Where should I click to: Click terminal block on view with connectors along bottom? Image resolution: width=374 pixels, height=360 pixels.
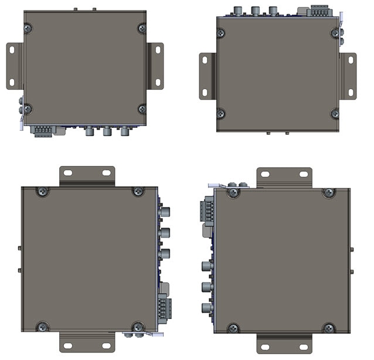tap(43, 130)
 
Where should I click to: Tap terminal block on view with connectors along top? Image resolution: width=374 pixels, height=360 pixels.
tap(319, 11)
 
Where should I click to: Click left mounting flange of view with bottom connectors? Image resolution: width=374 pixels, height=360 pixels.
tap(15, 66)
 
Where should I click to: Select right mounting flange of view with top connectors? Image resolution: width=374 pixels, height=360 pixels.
tap(348, 76)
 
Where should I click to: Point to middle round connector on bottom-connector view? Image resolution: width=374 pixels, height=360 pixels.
tap(107, 131)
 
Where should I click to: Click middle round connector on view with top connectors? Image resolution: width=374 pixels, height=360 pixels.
tap(256, 10)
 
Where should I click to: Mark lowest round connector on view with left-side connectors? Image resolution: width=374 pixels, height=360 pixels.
tap(206, 308)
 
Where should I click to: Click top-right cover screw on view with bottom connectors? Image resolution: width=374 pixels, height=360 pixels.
tap(142, 28)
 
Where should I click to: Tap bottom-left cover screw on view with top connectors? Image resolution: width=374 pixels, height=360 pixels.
tap(222, 113)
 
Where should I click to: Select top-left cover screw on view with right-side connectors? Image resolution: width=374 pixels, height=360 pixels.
tap(43, 191)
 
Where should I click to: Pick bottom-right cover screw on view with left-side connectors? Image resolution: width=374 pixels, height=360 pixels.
tap(329, 328)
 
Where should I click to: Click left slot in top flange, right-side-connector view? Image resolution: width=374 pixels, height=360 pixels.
tap(68, 173)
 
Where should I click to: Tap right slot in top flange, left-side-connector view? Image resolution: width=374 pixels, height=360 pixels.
tap(303, 174)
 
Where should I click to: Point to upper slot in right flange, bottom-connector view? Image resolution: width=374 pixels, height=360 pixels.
tap(157, 51)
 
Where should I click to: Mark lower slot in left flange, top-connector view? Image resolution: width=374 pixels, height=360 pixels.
tap(205, 92)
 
